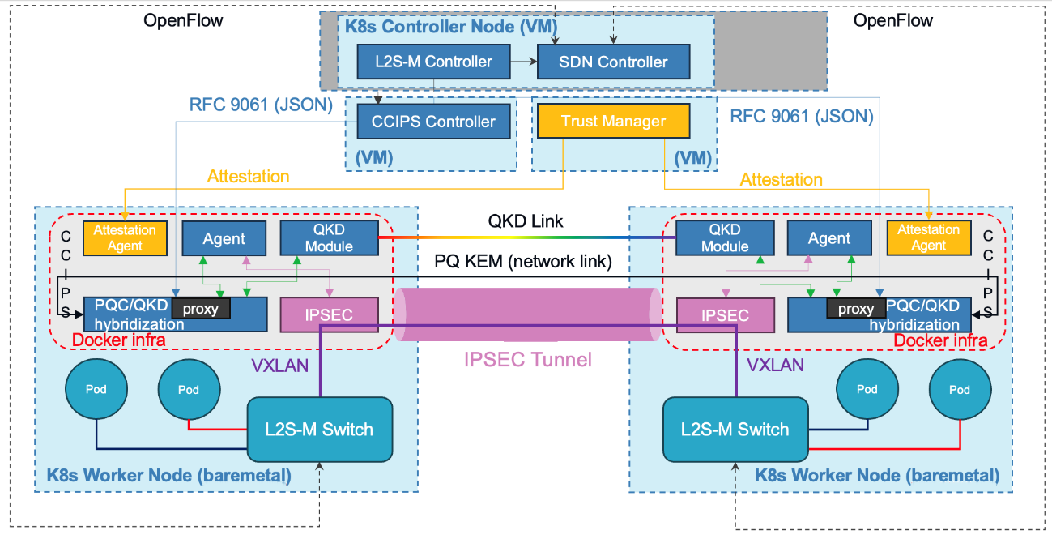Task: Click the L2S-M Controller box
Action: pos(433,62)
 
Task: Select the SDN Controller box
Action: pos(613,62)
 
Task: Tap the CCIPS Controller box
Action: pos(433,122)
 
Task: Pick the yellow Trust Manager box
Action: pos(613,121)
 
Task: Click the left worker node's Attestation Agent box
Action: pos(125,238)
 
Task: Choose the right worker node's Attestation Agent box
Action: pos(929,237)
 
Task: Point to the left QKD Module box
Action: pos(330,237)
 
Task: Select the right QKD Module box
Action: pos(725,237)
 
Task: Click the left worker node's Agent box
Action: pos(224,238)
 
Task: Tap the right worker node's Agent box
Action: pos(829,237)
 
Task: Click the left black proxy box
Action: pos(201,309)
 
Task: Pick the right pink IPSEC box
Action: pos(725,315)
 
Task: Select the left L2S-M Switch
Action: pos(320,430)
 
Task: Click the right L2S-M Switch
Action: pos(735,430)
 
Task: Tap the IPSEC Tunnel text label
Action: pos(528,360)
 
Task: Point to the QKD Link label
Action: pos(526,220)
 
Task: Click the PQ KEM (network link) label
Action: pos(523,261)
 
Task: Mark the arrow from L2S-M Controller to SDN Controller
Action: pos(524,61)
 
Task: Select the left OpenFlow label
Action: pos(183,20)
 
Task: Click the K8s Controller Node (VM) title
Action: pos(451,26)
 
